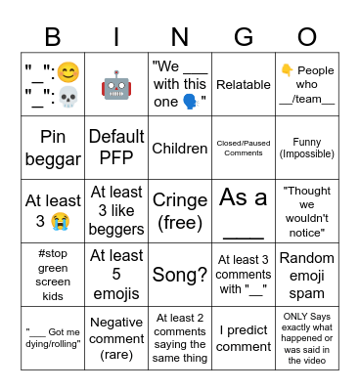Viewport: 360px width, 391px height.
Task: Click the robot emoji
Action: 116,85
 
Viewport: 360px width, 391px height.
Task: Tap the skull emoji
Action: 68,99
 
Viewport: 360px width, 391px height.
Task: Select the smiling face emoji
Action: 68,72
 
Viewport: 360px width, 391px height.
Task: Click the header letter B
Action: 53,36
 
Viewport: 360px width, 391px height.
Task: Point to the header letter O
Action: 307,36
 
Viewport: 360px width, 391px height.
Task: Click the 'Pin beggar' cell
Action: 53,149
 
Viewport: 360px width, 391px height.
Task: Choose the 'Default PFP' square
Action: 116,149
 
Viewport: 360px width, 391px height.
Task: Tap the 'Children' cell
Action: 180,149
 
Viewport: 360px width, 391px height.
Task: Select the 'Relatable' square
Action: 244,85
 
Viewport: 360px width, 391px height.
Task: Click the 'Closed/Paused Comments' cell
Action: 244,149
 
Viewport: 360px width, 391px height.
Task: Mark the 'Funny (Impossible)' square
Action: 307,149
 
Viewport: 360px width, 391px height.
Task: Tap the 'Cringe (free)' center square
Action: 180,212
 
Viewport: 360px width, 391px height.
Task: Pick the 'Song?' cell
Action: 180,276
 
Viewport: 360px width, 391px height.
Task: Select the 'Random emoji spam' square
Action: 307,276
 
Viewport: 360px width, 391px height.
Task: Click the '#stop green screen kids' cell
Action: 53,276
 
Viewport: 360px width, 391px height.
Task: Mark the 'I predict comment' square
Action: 244,339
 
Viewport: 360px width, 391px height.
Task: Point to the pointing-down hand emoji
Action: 288,70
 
